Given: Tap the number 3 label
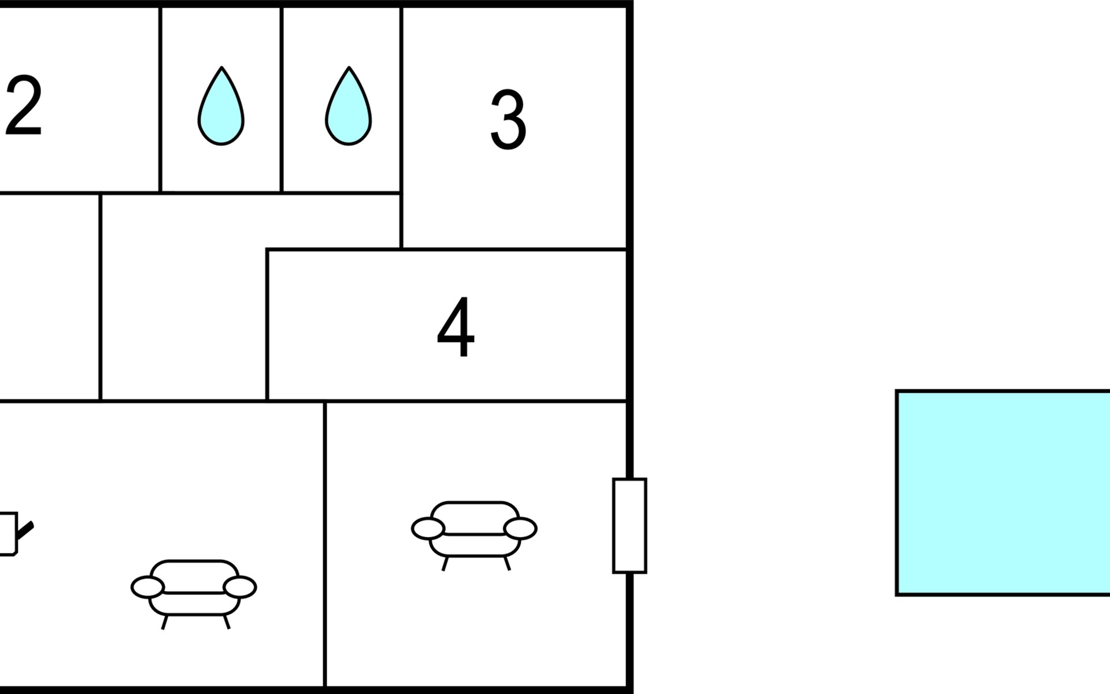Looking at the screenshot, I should coord(508,120).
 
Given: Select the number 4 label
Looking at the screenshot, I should coord(456,327).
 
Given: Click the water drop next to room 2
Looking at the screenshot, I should coord(221,108).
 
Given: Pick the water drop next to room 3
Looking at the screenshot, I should coord(348,108).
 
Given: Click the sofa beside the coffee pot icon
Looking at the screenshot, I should coord(194,590).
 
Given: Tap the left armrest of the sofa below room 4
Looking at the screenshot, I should coord(428,529).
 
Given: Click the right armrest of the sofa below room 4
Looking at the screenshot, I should coord(520,529).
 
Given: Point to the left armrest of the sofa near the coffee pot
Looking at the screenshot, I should coord(147,587).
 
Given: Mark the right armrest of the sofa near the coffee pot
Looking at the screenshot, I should coord(240,587).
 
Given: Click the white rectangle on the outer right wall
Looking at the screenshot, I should coord(630,526).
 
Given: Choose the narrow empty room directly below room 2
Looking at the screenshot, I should coord(49,297).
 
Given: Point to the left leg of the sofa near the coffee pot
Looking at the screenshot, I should coord(165,622).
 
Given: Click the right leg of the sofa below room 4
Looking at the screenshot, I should coord(507,563).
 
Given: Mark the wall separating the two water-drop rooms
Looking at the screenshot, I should coord(282,99).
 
